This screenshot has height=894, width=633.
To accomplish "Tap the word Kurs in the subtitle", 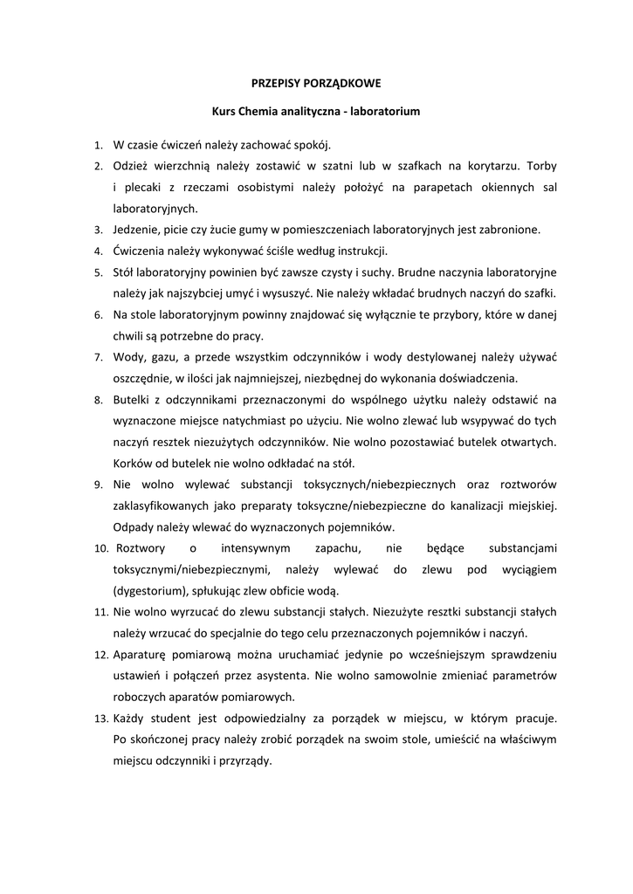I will point(224,112).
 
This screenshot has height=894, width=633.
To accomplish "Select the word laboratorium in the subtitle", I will point(384,112).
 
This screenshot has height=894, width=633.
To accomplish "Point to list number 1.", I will point(98,144).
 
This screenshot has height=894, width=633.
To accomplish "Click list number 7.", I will point(98,357).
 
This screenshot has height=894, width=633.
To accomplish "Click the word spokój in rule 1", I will point(310,143).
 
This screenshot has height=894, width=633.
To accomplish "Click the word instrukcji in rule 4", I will point(360,251).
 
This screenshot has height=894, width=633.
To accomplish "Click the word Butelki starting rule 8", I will point(133,399).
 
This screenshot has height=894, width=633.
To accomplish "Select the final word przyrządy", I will point(247,760).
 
